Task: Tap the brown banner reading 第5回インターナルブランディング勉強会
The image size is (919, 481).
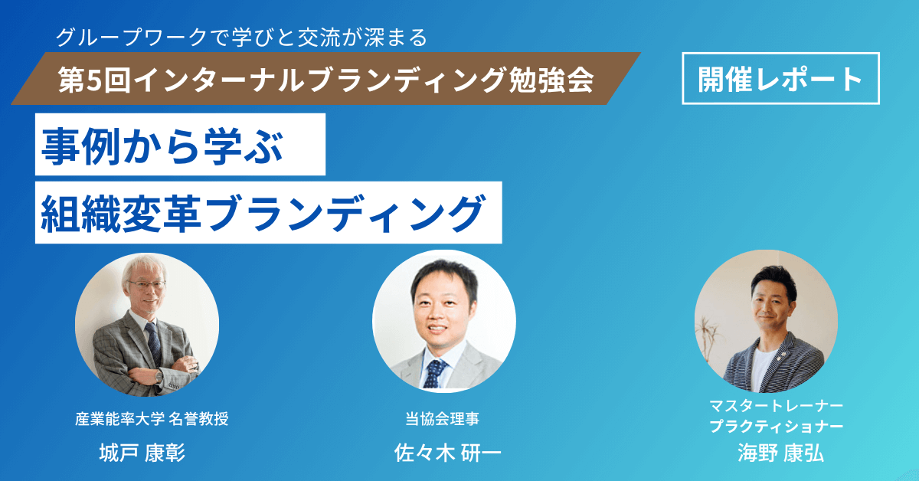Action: [x=329, y=79]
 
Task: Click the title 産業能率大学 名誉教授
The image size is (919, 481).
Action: [x=152, y=419]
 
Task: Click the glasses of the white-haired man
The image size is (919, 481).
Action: [x=146, y=285]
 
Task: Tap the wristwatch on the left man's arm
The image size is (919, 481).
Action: [x=158, y=375]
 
